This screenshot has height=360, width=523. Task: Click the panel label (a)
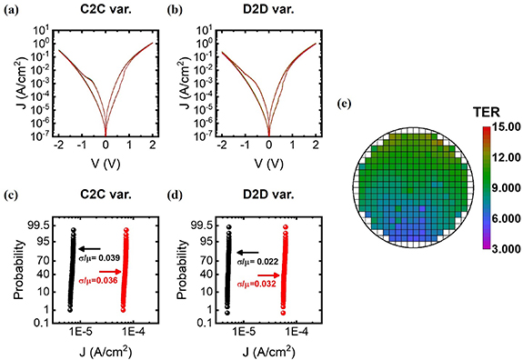point(14,9)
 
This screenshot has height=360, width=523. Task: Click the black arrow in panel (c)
point(89,247)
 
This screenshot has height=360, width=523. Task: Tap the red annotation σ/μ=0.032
point(258,283)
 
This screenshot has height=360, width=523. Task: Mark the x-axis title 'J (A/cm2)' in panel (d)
point(269,351)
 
